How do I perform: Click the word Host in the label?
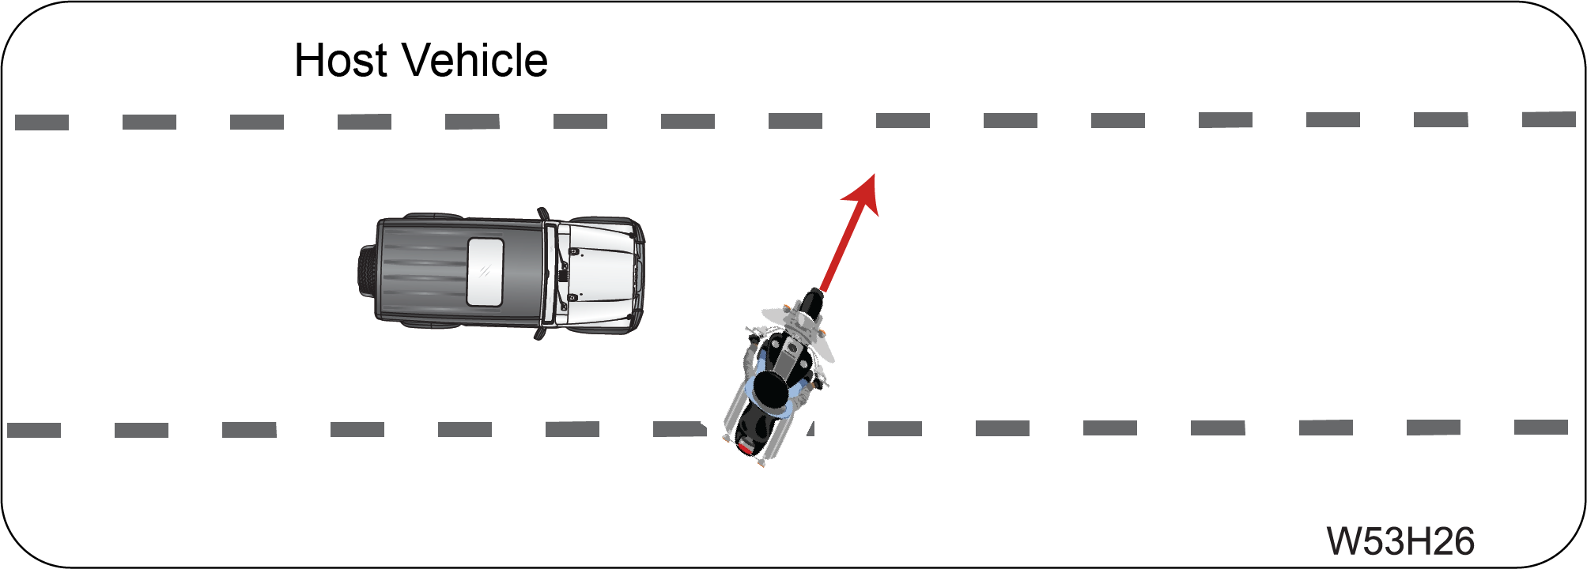tap(341, 60)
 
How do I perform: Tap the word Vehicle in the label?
tap(474, 60)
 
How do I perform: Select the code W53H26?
tap(1400, 541)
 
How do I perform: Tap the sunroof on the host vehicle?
tap(485, 272)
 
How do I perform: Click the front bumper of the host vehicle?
tap(640, 273)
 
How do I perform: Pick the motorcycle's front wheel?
tap(811, 304)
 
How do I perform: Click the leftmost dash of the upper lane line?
tap(42, 122)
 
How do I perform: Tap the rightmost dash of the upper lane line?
tap(1549, 119)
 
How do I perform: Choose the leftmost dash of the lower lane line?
tap(34, 431)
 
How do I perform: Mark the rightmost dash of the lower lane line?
tap(1541, 428)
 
